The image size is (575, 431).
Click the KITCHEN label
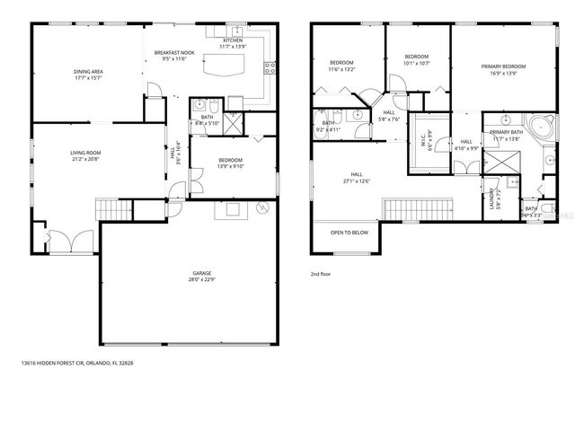tap(233, 40)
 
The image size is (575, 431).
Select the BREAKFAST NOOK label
tap(169, 53)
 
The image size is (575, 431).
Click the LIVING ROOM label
tap(85, 154)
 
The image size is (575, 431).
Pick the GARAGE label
tap(200, 273)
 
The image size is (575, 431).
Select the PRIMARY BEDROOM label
tap(503, 66)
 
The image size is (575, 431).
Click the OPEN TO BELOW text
tap(349, 233)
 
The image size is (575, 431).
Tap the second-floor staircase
tap(411, 208)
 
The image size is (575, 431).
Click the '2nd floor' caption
tap(322, 273)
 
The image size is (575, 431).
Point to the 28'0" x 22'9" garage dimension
tap(200, 279)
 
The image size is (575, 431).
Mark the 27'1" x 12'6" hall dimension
tap(357, 180)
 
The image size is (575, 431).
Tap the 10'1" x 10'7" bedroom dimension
tap(416, 63)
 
